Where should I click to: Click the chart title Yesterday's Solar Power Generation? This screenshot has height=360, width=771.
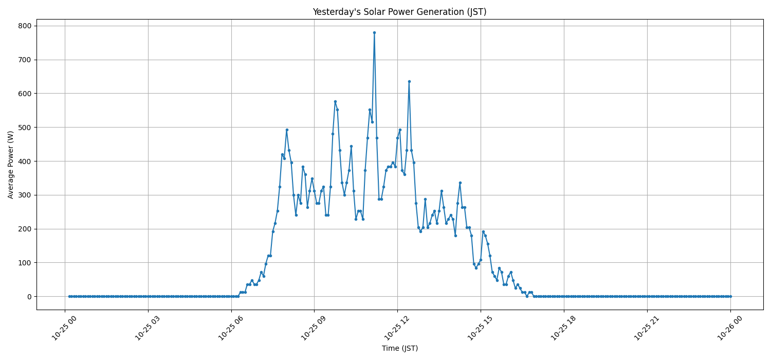[x=399, y=12]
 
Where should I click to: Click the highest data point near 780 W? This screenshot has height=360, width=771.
[x=374, y=32]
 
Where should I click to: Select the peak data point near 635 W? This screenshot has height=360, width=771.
[x=409, y=81]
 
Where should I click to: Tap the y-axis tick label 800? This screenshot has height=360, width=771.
[x=25, y=26]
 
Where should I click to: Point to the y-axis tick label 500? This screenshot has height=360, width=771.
[x=25, y=127]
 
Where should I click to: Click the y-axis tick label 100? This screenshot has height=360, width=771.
[x=25, y=263]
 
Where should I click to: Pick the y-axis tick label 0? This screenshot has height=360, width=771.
[x=29, y=297]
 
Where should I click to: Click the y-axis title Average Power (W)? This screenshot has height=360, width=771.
[x=11, y=165]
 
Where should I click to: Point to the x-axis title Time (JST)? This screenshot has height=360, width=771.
[x=399, y=349]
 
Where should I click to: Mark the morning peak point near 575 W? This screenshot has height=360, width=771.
[x=335, y=102]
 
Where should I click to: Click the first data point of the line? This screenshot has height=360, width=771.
[x=69, y=296]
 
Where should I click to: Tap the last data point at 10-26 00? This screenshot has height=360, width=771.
[x=730, y=296]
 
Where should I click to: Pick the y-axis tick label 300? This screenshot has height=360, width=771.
[x=25, y=195]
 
